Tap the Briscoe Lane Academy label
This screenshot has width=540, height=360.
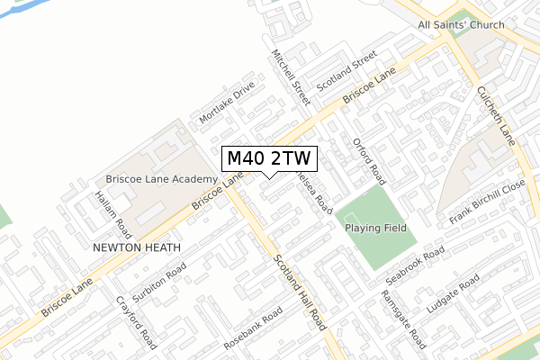[x=161, y=179]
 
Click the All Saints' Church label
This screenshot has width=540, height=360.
[x=462, y=24]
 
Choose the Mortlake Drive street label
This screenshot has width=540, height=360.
[x=228, y=106]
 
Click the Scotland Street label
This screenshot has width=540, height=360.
[x=345, y=70]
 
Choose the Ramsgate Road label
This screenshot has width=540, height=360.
[x=402, y=319]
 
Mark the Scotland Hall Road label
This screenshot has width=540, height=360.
[x=298, y=293]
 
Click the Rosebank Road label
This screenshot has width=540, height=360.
[x=254, y=325]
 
